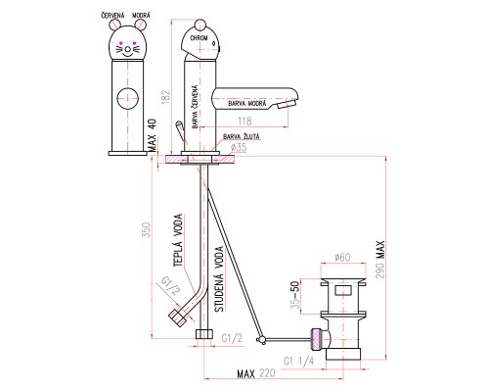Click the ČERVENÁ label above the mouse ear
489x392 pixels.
(x=112, y=16)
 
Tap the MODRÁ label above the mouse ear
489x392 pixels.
(x=141, y=16)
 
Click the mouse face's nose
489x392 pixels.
(x=128, y=50)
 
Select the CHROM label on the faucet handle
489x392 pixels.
(x=199, y=38)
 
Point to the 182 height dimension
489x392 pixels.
(x=166, y=97)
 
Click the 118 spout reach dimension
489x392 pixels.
(x=244, y=122)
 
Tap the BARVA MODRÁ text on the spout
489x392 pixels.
(x=247, y=104)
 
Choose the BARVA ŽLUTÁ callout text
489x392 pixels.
(x=242, y=136)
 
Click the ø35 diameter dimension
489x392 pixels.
(x=239, y=148)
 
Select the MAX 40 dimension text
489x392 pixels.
(x=153, y=135)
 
